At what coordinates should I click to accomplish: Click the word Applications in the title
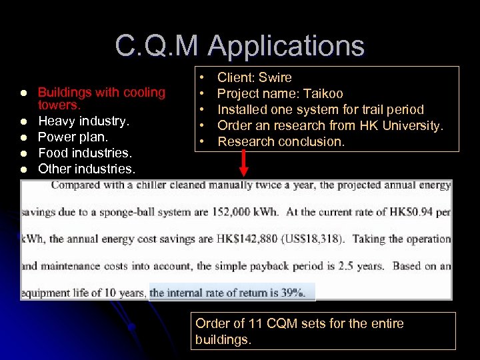pyautogui.click(x=287, y=47)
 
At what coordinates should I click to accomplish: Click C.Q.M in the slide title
pyautogui.click(x=157, y=47)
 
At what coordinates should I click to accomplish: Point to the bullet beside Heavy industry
pyautogui.click(x=23, y=121)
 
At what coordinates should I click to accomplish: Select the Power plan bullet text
pyautogui.click(x=73, y=137)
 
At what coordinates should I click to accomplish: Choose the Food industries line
pyautogui.click(x=85, y=153)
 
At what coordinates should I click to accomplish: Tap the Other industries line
pyautogui.click(x=87, y=169)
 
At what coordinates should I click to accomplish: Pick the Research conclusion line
pyautogui.click(x=281, y=141)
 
